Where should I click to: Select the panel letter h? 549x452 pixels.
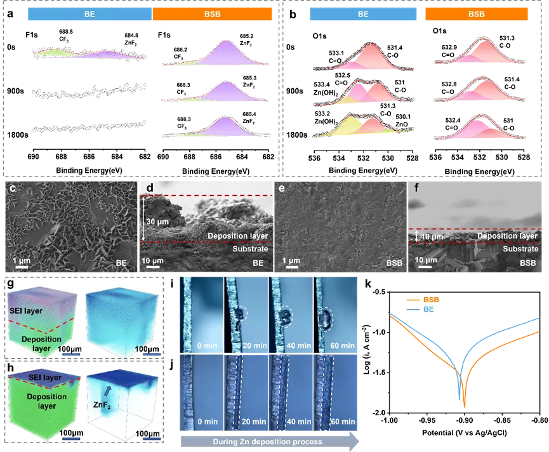coord(10,368)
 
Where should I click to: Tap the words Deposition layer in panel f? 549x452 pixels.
coord(506,236)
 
